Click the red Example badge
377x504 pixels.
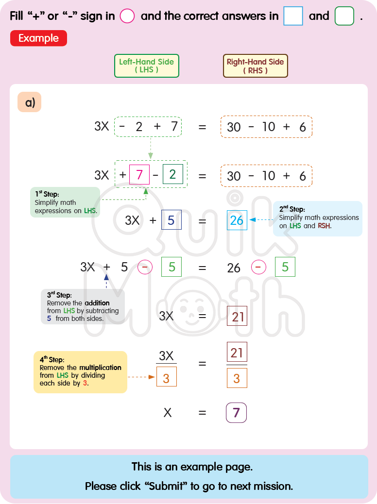click(38, 38)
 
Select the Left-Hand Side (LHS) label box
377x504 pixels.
click(147, 66)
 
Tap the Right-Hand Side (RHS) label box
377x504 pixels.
click(255, 66)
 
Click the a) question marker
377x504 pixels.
click(30, 102)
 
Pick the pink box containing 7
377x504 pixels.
click(139, 175)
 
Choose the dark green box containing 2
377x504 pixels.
click(173, 175)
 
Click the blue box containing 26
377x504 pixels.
click(237, 220)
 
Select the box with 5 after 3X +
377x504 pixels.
click(171, 220)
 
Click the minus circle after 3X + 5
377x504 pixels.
click(145, 267)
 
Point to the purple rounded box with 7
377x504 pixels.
click(237, 413)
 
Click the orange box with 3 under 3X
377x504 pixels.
click(166, 377)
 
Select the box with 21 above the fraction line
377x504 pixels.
click(237, 352)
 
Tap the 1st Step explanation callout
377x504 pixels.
click(65, 202)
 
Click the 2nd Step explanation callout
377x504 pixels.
click(318, 218)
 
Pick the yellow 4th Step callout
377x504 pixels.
click(80, 372)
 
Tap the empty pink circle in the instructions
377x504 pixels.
click(127, 16)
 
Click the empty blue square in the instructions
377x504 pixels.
click(293, 16)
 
